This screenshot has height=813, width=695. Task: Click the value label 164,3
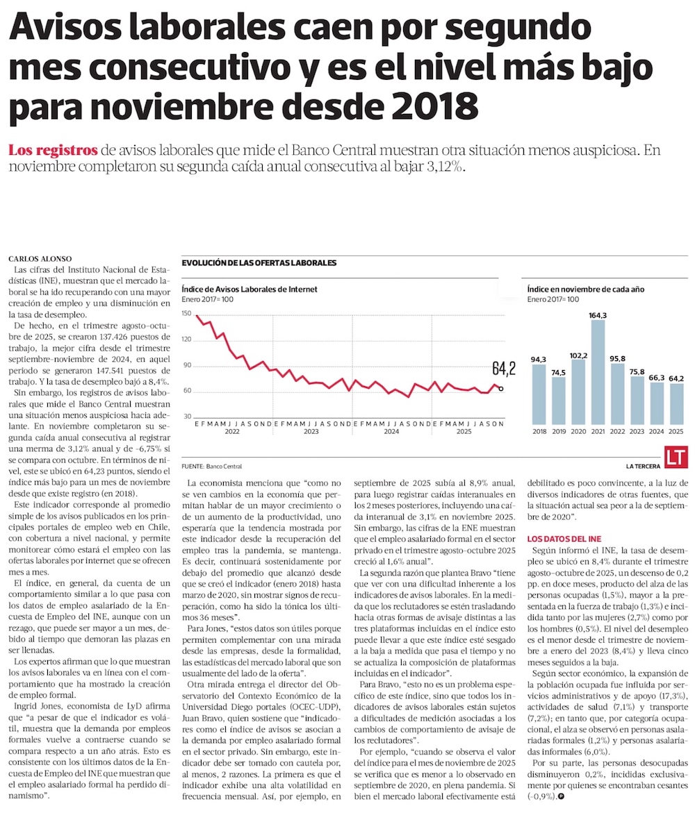pos(598,315)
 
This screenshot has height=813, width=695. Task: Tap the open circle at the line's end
pos(501,389)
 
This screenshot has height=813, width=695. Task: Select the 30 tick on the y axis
pos(186,416)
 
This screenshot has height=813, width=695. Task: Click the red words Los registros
pos(53,149)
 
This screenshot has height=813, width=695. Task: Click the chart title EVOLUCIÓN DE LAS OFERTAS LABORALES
pos(259,263)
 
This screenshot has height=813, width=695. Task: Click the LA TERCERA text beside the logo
pos(642,466)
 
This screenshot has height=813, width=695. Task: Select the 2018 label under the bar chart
pos(539,431)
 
